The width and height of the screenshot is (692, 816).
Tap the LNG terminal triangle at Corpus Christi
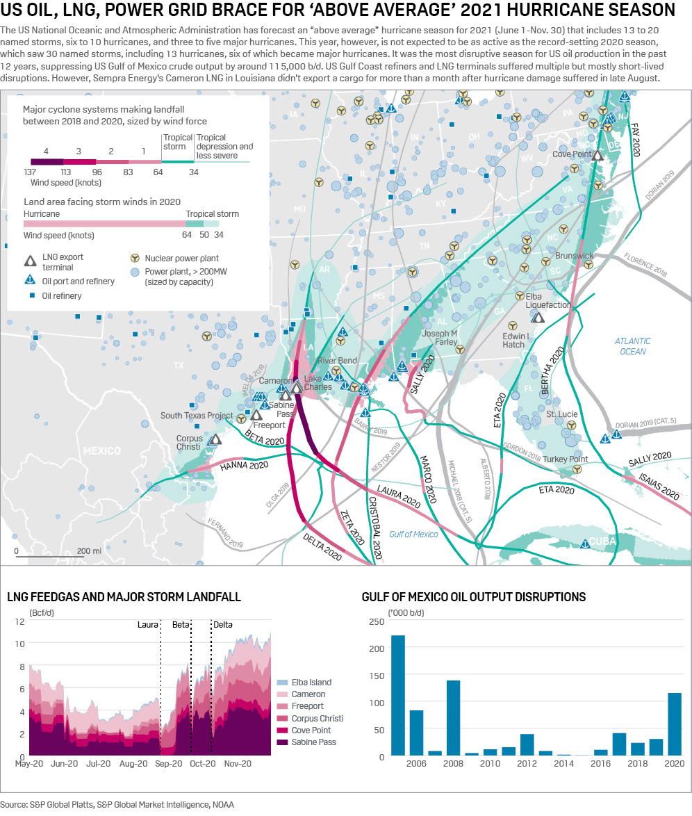point(215,440)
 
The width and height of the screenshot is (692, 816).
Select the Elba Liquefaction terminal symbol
point(537,317)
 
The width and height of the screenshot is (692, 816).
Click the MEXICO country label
point(101,451)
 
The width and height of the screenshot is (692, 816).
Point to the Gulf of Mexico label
point(413,534)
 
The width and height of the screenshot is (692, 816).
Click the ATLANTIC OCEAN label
point(632,346)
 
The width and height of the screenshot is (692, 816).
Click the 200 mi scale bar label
point(89,550)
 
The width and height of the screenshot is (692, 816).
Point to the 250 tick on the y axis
point(375,621)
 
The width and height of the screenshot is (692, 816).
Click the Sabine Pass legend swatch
point(282,742)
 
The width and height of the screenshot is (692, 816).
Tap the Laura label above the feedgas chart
point(148,624)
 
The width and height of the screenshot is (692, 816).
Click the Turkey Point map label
point(565,459)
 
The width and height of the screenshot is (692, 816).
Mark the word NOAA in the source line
point(223,805)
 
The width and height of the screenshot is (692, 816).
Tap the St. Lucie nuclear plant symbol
point(570,425)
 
